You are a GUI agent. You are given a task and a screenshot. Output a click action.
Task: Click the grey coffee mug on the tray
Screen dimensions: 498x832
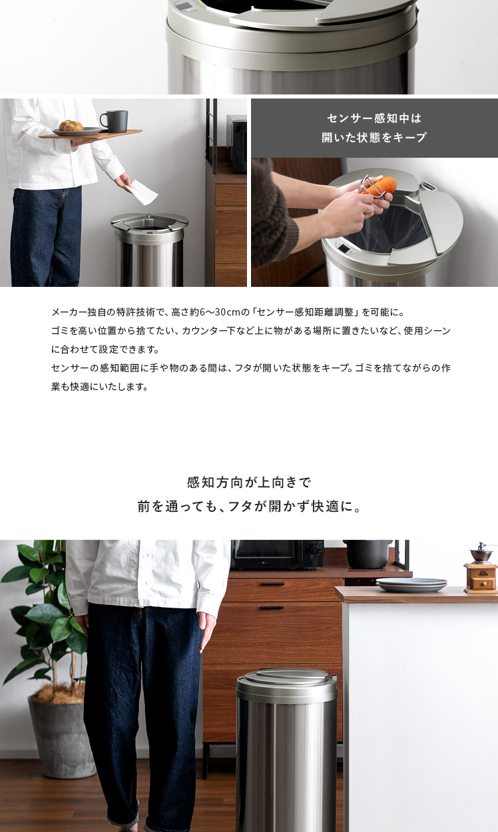[x=115, y=121]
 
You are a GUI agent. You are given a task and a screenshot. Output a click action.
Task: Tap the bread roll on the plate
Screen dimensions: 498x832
[x=71, y=126]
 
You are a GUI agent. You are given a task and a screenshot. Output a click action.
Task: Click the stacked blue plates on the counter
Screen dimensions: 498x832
[x=411, y=584]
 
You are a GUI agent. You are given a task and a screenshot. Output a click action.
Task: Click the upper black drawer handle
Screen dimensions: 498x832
[x=272, y=584]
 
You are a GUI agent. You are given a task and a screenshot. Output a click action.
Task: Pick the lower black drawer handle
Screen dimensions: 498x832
[x=272, y=608]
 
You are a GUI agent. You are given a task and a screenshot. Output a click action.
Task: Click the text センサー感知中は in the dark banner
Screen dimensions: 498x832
[x=374, y=118]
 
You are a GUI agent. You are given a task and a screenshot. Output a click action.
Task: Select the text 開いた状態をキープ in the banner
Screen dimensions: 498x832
[x=374, y=137]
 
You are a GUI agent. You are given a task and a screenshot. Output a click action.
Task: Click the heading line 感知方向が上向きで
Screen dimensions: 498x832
[x=248, y=483]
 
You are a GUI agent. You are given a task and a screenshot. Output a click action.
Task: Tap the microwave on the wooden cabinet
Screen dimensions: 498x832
[x=277, y=554]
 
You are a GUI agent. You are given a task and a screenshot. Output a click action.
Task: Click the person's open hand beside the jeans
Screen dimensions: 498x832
[x=206, y=632]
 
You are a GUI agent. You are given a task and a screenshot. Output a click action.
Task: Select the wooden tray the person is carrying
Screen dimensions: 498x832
[x=91, y=134]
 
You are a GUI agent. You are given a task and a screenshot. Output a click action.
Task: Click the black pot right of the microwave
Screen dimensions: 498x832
[x=368, y=554]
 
